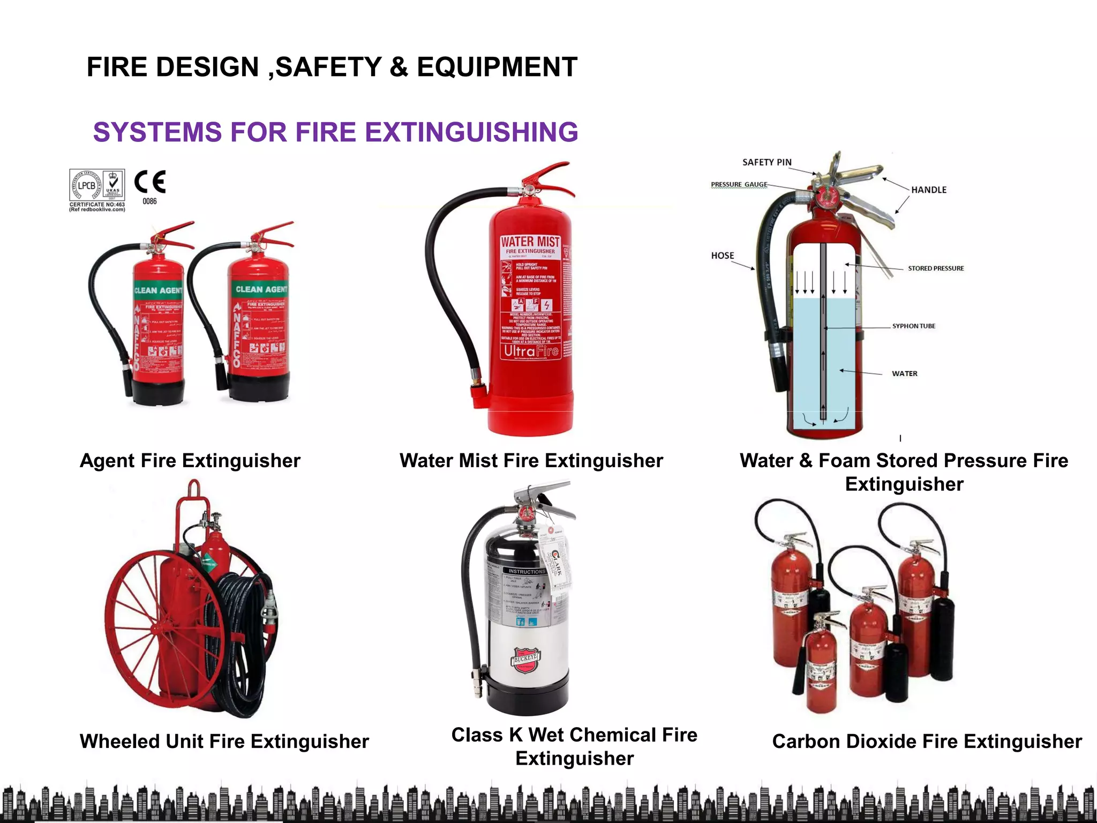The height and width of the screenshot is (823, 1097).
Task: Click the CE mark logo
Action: point(149,182)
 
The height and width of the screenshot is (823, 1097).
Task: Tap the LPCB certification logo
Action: point(87,185)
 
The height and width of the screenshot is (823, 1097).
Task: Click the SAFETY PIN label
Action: point(767,162)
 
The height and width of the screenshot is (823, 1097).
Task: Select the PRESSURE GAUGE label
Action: point(739,184)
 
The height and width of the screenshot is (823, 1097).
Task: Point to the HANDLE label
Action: point(928,190)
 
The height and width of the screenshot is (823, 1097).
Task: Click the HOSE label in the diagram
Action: point(722,256)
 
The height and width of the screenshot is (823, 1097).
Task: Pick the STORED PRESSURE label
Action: point(935,268)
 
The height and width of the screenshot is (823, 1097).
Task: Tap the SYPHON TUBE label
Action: point(913,326)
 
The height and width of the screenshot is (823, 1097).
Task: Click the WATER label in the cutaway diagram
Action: point(904,373)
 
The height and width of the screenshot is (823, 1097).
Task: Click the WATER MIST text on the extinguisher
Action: point(530,242)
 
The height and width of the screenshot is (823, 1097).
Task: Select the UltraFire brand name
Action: point(531,351)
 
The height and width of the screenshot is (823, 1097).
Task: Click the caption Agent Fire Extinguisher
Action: point(190,461)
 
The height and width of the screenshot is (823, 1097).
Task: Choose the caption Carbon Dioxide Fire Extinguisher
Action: point(927,742)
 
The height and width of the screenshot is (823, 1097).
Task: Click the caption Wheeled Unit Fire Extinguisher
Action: point(224,742)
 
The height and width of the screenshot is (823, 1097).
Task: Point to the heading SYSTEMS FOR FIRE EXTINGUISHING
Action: point(335,132)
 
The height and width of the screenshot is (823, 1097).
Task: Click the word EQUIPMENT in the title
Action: point(497,68)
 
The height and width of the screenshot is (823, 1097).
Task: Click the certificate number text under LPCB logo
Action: point(97,205)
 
